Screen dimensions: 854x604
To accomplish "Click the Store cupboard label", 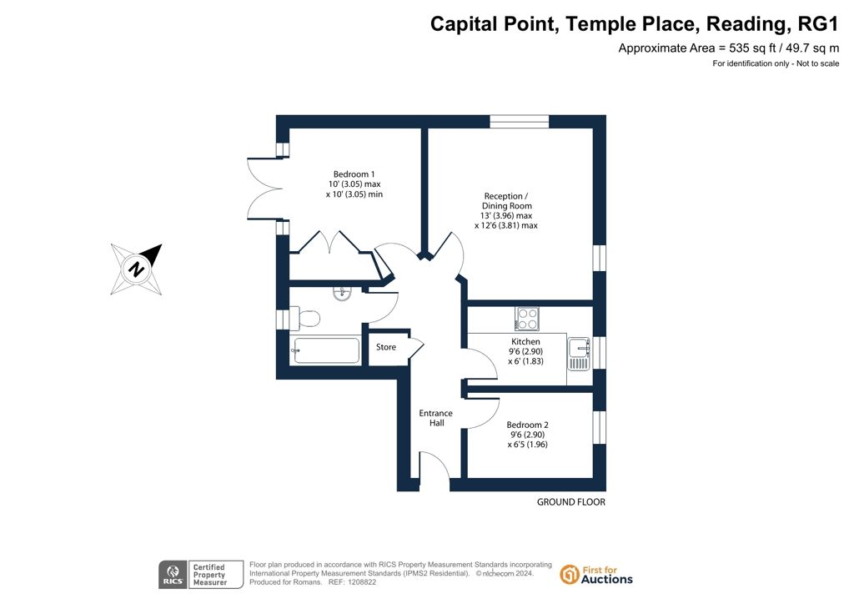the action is pos(386,347).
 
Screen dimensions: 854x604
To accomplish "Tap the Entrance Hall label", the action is pos(435,418).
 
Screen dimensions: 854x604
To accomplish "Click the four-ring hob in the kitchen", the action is pos(527,319).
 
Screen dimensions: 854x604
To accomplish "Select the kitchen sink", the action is pos(579,354).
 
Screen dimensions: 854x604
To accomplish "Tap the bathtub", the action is pos(325,350).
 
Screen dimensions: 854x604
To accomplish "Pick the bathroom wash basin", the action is pos(342,294).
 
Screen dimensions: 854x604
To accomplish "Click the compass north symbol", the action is pos(136,269).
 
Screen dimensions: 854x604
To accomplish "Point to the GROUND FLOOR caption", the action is pos(570,502).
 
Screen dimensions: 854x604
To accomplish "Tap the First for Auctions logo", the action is pos(596,575).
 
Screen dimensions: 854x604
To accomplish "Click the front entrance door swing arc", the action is pos(435,466).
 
